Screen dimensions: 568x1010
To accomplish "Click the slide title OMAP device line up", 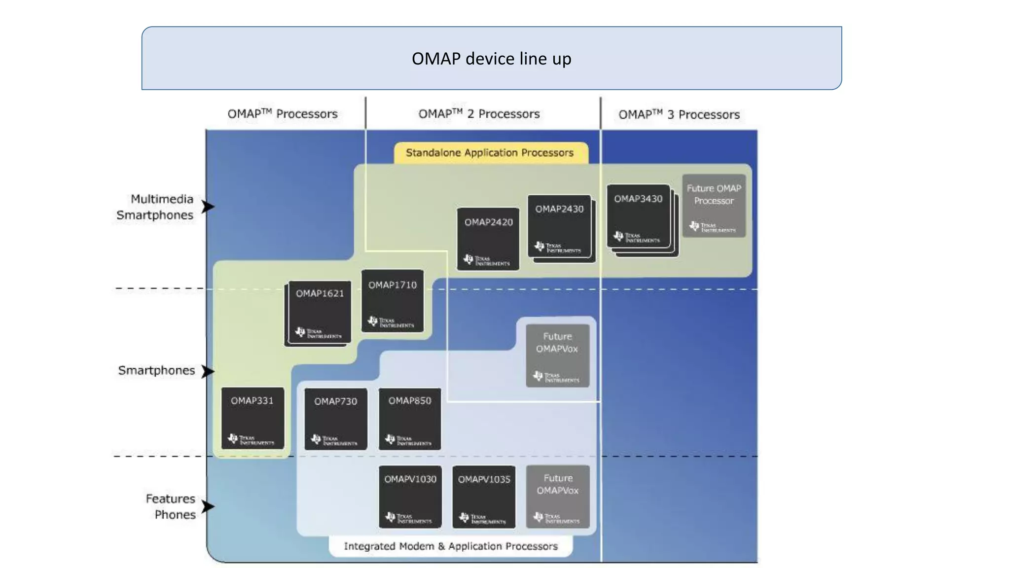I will coord(491,59).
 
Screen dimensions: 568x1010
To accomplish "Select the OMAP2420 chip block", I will coord(488,239).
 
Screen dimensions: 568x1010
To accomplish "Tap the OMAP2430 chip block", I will coord(559,226).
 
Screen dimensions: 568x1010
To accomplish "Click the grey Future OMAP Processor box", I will coord(714,206).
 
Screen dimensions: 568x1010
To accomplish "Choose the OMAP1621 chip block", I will coord(320,312).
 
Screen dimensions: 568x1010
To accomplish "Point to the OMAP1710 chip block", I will coord(392,301).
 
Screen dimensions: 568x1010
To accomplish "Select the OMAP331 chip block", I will coord(252,418).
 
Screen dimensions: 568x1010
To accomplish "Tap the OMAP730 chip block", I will coord(335,419).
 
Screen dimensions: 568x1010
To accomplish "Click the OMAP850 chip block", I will coord(409,419).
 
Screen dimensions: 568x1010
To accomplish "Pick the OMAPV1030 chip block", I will coord(410,497).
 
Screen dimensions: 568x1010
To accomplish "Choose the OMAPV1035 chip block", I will coord(484,497).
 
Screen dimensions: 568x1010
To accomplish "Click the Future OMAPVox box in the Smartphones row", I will coord(557,355).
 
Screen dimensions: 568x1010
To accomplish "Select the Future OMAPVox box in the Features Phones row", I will coord(558,497).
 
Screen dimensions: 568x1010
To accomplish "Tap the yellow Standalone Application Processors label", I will coord(490,153).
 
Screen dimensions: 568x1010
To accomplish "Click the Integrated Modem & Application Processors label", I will coord(450,546).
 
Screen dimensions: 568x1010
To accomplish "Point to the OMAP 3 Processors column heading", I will coord(679,114).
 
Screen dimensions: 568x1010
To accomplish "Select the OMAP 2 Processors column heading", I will coord(479,114).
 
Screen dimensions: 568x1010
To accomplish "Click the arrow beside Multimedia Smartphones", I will coord(208,207).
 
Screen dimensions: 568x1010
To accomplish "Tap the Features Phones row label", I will coord(171,506).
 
